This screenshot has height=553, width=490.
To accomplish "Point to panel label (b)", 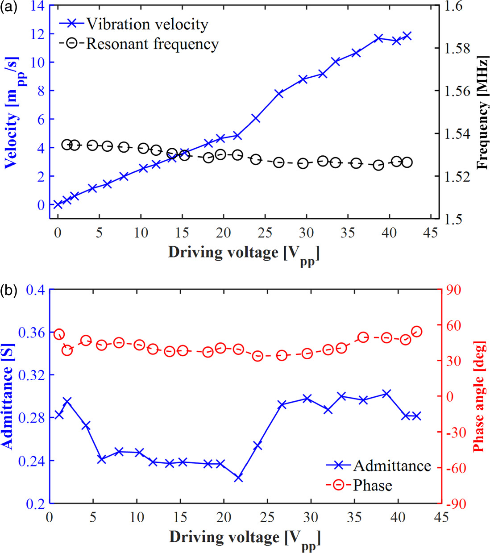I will pos(9,291).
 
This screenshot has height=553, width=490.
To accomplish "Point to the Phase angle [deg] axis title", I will pos(478,396).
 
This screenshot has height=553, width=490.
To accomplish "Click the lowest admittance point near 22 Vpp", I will pos(238,478).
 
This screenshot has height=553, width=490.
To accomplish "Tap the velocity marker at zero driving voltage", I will pos(58,205).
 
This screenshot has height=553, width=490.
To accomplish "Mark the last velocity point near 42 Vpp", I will pos(407,36).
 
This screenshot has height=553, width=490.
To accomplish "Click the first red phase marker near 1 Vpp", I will pos(59,334).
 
